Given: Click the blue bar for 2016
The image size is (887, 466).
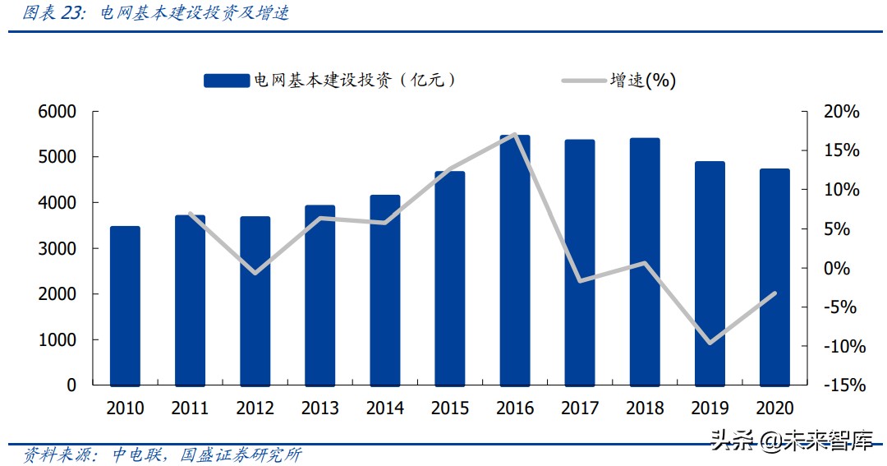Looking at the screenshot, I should point(515,261).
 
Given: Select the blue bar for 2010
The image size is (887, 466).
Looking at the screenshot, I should point(125,306).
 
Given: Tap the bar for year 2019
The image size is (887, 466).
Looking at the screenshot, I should point(710,274).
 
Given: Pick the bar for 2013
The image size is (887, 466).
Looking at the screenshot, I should point(319,295).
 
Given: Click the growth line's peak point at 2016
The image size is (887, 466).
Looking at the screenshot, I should point(515,134).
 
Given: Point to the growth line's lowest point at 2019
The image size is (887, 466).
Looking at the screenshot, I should point(710,343).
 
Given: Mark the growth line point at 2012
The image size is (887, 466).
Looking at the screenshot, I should point(255,273).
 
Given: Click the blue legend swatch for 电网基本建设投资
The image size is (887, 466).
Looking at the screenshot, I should point(226,80).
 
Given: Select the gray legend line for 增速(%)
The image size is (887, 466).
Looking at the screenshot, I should point(583,81).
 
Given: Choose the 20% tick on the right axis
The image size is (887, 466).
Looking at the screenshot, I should point(840,112).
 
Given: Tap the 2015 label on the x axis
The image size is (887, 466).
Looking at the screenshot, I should point(450,408).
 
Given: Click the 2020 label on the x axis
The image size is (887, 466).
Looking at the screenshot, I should point(774,408).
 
